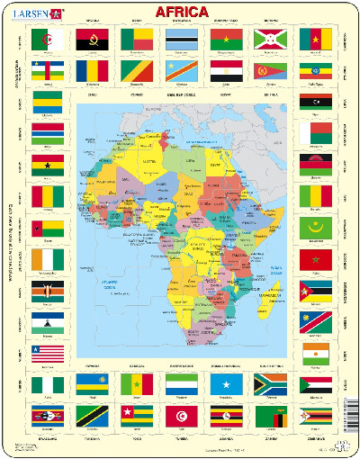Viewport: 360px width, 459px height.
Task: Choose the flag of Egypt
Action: (x=226, y=71)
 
